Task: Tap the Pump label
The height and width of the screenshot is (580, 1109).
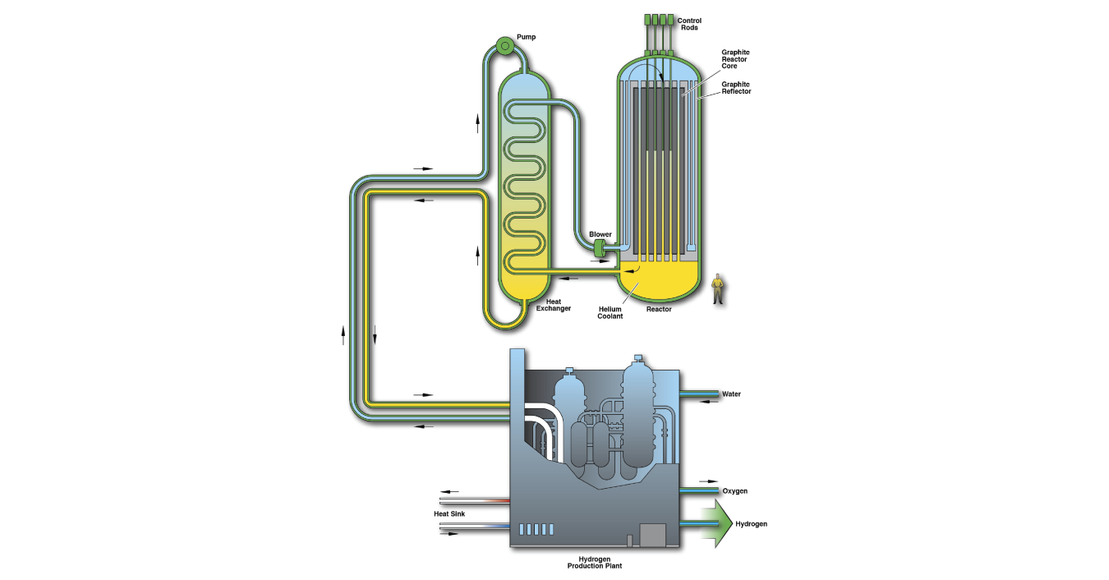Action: click(527, 37)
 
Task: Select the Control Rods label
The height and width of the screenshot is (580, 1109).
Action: click(689, 24)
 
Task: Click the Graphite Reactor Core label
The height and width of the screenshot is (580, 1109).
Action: click(735, 59)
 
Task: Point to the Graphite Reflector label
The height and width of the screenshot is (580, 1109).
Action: click(736, 87)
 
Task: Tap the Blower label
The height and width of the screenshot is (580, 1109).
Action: click(601, 234)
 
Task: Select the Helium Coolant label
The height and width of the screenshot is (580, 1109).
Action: click(610, 312)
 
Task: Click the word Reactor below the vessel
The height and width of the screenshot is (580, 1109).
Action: click(659, 310)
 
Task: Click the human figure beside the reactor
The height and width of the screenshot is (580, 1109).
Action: click(719, 288)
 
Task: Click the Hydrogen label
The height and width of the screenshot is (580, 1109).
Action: click(751, 524)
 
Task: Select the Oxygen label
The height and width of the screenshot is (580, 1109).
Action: click(734, 491)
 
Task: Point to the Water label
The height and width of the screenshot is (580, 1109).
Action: click(731, 394)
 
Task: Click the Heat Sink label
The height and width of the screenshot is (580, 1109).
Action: click(449, 514)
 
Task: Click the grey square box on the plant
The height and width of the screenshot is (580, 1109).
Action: click(651, 535)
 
